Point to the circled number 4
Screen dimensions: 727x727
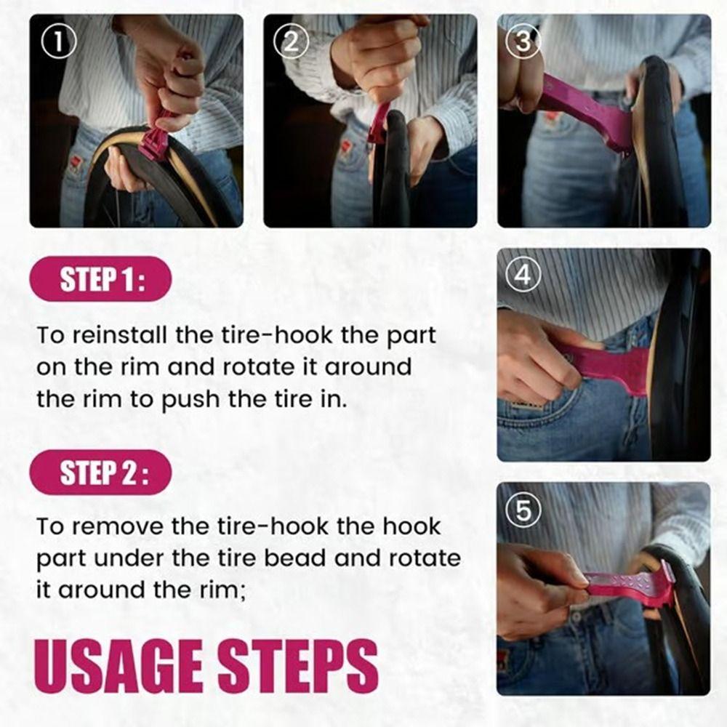[x=523, y=276]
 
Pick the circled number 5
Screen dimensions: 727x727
[x=523, y=511]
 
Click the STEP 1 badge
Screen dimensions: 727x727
[x=101, y=280]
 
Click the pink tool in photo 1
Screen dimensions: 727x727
[x=155, y=138]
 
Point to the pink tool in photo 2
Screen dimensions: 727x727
[x=379, y=124]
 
